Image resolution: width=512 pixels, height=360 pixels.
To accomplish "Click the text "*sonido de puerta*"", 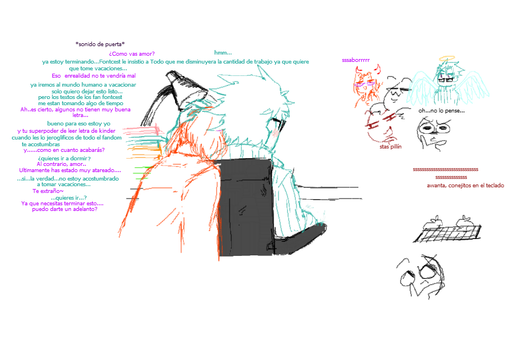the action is tap(100, 44).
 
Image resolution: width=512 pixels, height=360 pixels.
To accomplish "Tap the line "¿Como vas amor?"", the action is tap(132, 54).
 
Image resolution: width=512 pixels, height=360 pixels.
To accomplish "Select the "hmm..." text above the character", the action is tap(223, 52).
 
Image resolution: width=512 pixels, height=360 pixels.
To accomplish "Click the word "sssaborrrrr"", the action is tap(356, 60).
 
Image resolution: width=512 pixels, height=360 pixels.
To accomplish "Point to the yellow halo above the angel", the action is tap(447, 58).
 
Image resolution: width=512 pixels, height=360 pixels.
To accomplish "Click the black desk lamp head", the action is tap(186, 91).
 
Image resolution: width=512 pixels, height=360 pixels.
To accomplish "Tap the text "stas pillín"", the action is tap(390, 147).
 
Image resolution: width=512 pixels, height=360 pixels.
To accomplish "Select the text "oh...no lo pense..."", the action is tap(442, 111).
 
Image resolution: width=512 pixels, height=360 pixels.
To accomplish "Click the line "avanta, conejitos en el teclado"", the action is tap(465, 186).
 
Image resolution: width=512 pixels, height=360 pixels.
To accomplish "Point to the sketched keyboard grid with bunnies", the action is tap(447, 229).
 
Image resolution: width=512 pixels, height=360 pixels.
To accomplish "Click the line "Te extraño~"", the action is tap(48, 191).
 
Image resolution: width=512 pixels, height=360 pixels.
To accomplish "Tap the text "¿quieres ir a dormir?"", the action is tap(64, 158).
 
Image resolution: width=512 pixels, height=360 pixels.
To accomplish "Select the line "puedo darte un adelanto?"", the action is tap(65, 209).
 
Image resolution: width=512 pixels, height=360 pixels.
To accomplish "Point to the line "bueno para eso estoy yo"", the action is tap(79, 123).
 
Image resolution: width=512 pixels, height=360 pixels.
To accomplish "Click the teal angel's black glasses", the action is tap(446, 79).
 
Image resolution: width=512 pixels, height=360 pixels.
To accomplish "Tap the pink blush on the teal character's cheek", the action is tap(275, 133).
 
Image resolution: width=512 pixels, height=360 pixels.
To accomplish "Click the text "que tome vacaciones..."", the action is tap(98, 69).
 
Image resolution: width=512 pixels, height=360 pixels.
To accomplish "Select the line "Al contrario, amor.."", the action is tap(61, 164).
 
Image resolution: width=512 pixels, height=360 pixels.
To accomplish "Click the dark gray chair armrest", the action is tap(300, 239).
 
